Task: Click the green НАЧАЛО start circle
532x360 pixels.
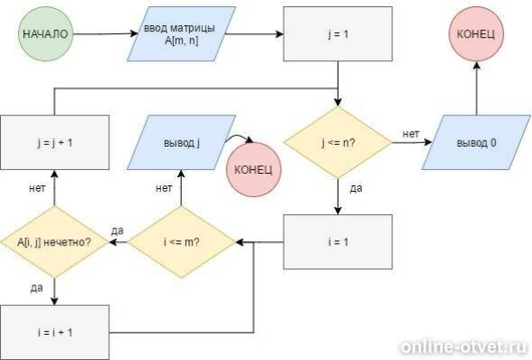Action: pos(46,34)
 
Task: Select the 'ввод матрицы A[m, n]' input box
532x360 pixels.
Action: pos(181,34)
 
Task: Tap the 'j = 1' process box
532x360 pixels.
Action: pos(338,34)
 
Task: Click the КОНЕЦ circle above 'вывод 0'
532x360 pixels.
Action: pos(476,34)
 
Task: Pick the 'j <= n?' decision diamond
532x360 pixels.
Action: pos(338,142)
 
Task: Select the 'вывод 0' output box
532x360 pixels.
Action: pos(476,142)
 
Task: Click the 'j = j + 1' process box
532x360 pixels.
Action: pos(55,142)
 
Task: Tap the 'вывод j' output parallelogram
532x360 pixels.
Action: pos(181,142)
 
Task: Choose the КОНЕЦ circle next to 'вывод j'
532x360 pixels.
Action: pos(254,170)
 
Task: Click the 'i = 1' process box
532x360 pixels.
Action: pos(338,242)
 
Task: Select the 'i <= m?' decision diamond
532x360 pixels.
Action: pos(181,242)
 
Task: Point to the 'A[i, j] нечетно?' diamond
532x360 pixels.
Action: pos(55,242)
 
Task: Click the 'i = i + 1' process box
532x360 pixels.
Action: pos(55,332)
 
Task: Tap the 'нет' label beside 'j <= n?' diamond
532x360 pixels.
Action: pos(410,134)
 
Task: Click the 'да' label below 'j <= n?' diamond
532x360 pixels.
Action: pos(356,188)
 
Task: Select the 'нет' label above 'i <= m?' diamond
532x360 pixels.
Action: pos(164,187)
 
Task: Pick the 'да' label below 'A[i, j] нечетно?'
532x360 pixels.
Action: pos(37,288)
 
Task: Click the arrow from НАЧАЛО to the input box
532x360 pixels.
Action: pos(105,34)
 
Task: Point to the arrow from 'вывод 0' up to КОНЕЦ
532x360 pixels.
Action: pos(476,88)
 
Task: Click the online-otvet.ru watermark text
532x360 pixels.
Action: pos(464,346)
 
